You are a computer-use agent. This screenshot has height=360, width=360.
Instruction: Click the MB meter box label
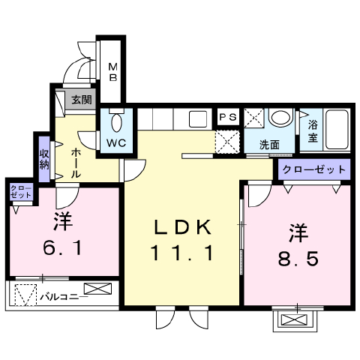(x=113, y=72)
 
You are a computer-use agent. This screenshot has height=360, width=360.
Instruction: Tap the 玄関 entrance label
(x=82, y=100)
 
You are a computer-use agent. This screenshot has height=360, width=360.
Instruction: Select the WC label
(x=116, y=143)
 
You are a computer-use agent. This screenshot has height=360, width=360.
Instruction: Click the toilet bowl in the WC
(x=117, y=121)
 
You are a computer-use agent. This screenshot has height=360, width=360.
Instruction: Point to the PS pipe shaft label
(x=228, y=117)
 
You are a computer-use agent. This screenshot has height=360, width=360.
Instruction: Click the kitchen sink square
(x=198, y=119)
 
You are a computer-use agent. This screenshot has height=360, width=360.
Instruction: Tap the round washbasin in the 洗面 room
(x=280, y=118)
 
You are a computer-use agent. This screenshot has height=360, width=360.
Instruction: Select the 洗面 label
(x=269, y=145)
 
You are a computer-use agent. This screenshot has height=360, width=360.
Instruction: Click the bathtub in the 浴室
(x=337, y=130)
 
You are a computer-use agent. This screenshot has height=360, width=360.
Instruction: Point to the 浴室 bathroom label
(x=313, y=131)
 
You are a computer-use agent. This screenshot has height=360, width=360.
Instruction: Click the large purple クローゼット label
(x=314, y=169)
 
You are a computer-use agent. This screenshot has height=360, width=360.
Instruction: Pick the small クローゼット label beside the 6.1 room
(x=21, y=192)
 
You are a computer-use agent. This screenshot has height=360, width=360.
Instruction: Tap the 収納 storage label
(x=44, y=160)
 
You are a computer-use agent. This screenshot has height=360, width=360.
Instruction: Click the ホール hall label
(x=76, y=163)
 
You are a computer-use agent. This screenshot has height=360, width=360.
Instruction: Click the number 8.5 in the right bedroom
(x=298, y=259)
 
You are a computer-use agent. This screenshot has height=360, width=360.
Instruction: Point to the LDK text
(x=183, y=227)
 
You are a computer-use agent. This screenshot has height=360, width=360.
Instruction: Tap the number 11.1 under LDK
(x=182, y=253)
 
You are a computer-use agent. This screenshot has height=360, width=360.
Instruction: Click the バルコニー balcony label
(x=64, y=297)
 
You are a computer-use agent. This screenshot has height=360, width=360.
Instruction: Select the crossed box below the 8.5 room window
(x=294, y=319)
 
